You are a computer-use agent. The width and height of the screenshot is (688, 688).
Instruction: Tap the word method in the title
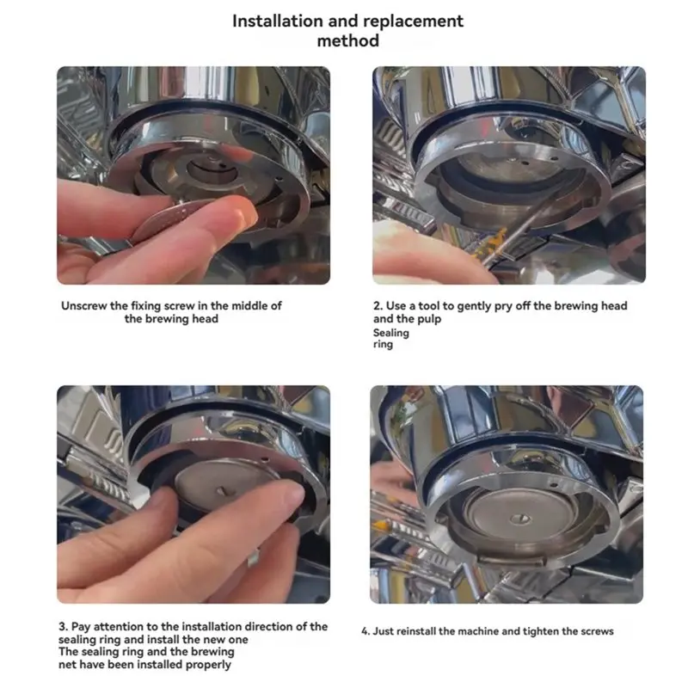pos(348,40)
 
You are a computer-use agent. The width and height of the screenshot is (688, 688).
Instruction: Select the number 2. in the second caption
pos(378,305)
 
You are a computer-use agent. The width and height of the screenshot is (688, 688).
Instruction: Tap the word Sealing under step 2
pos(391,334)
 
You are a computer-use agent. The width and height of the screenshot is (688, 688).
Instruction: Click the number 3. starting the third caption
pos(63,626)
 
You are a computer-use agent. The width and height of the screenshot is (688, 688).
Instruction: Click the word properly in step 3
pos(208,665)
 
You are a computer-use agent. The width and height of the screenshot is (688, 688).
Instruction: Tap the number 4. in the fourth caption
pos(366,631)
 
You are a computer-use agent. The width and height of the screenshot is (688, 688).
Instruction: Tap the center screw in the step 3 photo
pos(221,490)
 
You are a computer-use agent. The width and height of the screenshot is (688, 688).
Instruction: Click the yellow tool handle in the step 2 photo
pos(494,245)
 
